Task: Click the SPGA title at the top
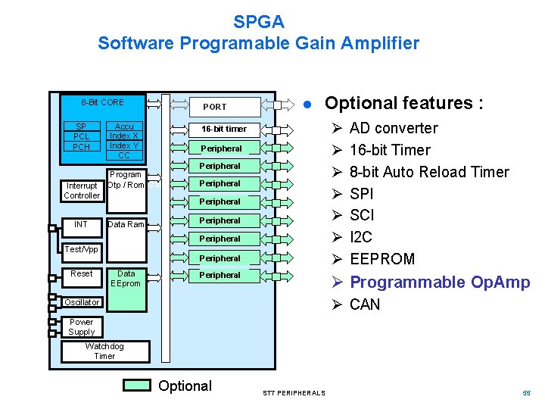[x=258, y=22]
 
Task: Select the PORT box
[x=214, y=107]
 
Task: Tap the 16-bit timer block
[x=224, y=129]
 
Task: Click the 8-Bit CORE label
[x=102, y=102]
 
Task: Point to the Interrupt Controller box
[x=82, y=191]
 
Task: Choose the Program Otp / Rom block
[x=125, y=180]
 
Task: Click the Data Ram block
[x=125, y=224]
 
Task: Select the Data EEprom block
[x=126, y=279]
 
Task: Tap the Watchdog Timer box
[x=104, y=351]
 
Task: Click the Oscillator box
[x=82, y=302]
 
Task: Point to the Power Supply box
[x=81, y=327]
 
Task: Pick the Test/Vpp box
[x=81, y=249]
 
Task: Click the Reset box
[x=81, y=273]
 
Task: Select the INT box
[x=81, y=224]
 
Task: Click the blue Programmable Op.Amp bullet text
[x=440, y=283]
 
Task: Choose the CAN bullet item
[x=365, y=304]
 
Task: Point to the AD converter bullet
[x=394, y=128]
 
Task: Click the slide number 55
[x=527, y=392]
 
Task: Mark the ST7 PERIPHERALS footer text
[x=294, y=393]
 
